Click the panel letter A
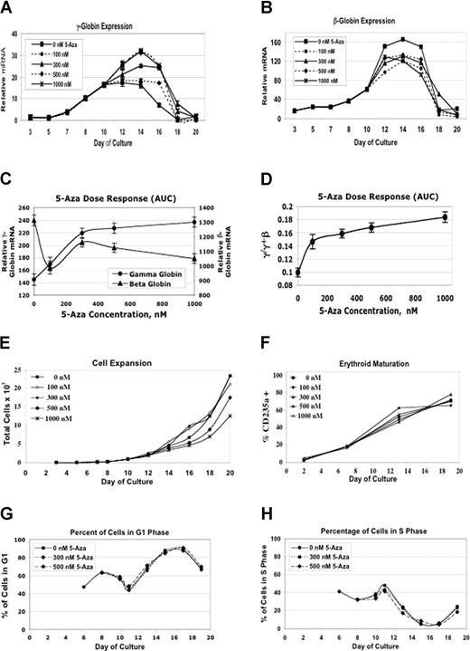(7, 7)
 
